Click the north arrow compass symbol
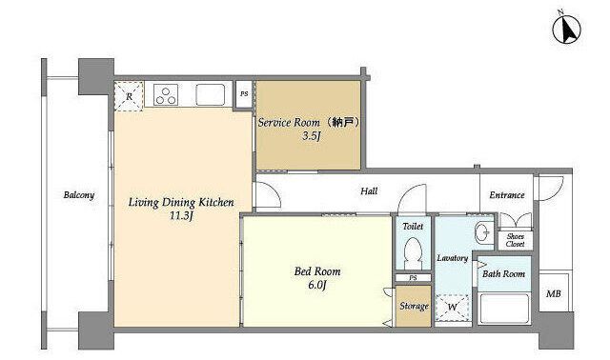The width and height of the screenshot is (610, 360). pos(567,30)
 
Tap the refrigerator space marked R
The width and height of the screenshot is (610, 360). pos(129,96)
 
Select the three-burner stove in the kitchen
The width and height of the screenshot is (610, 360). pos(166,95)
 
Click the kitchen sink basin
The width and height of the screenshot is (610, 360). pos(210,95)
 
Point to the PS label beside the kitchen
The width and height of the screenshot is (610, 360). pos(244,93)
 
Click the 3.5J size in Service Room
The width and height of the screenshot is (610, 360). pos(312,136)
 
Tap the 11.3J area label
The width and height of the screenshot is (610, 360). pos(181,216)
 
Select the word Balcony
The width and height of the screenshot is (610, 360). pos(78,195)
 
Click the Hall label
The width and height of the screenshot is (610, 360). pos(369,190)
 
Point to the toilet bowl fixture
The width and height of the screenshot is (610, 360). pos(413,252)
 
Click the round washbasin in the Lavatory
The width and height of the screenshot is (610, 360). pos(484,233)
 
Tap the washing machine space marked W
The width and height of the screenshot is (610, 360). pos(452,308)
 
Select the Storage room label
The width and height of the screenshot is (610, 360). pos(414,307)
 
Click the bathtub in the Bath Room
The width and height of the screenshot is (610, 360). pos(504,309)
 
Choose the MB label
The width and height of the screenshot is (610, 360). pos(553,294)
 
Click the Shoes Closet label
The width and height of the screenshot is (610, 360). pos(515,240)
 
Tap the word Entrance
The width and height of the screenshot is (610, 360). pos(507,195)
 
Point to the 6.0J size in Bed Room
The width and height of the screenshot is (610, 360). pos(317,285)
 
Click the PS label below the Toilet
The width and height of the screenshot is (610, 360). pos(413,278)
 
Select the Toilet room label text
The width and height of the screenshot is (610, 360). pos(413,226)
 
